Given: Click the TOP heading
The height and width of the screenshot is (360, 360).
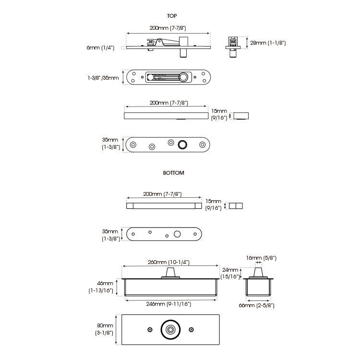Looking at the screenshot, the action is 172,16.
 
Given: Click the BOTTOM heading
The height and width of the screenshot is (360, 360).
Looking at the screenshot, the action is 174,173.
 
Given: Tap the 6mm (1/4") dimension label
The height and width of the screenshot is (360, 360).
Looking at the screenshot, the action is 101,48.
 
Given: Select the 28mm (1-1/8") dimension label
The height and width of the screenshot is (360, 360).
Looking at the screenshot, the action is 268,43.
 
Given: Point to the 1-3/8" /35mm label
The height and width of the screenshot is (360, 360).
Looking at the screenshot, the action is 103,78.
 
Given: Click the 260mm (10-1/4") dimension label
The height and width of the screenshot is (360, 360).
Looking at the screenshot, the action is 169,262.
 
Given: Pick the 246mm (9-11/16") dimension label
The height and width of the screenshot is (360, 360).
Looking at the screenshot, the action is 169,304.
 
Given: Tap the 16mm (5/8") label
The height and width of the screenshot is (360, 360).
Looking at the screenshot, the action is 261,258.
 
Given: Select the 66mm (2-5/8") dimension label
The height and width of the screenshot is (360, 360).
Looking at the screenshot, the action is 257,305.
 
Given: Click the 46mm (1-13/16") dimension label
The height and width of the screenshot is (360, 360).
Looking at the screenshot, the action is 101,287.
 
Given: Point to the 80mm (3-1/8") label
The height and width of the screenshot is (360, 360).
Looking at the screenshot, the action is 105,329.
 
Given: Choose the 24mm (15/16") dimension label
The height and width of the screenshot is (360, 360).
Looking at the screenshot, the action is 230,273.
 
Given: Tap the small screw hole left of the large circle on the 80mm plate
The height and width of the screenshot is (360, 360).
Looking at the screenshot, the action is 150,330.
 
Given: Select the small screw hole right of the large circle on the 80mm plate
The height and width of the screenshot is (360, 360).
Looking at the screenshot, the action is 191,330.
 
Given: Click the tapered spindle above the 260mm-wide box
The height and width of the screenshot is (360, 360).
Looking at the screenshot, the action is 170,273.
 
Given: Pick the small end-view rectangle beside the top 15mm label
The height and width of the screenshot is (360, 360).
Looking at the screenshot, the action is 241,116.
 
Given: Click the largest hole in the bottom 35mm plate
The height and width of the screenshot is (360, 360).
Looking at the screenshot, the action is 177,234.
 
